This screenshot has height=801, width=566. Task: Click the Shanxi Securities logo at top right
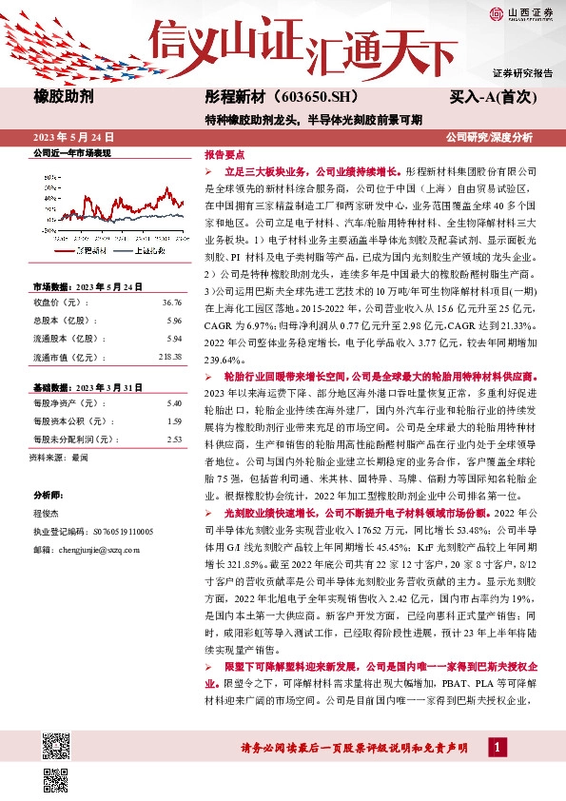(x=521, y=12)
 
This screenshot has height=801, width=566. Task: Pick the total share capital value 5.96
(x=173, y=320)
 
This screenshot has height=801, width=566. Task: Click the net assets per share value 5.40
(x=173, y=404)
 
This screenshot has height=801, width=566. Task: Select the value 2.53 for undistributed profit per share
(x=173, y=440)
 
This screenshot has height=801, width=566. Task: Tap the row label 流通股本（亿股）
(x=66, y=338)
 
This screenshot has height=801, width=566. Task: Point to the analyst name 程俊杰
(x=46, y=514)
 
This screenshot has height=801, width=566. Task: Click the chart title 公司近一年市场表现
(x=72, y=152)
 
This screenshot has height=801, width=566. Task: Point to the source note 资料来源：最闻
(x=59, y=458)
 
